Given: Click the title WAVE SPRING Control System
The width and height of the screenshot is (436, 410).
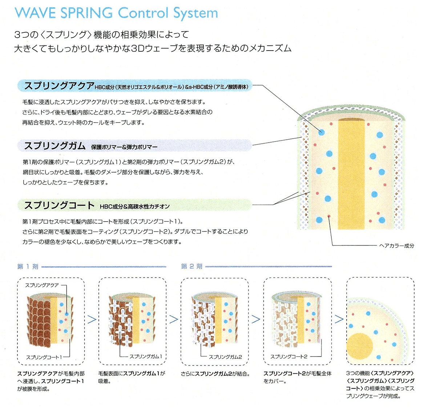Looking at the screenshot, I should pos(116,13).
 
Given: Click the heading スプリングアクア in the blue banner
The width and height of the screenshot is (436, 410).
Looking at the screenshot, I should pos(59,86).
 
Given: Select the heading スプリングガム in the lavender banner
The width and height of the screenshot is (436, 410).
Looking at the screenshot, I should pos(55,146).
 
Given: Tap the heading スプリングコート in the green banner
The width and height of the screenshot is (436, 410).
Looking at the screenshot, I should pos(59,206).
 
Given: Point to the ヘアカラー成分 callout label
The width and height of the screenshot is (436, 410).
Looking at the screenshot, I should pos(396,246).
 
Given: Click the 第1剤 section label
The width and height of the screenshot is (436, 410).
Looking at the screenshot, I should pos(28,267).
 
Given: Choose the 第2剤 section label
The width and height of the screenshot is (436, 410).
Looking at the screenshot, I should pos(191,267).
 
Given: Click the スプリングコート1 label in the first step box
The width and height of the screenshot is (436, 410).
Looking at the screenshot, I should pos(44,357).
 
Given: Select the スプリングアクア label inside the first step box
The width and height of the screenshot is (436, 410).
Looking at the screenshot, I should pos(42,285).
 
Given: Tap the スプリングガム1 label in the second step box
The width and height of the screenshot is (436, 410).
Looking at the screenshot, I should pos(146,357).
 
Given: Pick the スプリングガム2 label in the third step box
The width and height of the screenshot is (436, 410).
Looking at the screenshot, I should pos(225,357).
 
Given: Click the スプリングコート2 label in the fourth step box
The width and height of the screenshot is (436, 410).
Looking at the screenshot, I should pos(289,357).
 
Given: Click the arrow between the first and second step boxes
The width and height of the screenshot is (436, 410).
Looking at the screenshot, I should pos(92,319).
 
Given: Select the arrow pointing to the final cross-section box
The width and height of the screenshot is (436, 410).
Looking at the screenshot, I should pos(339,319).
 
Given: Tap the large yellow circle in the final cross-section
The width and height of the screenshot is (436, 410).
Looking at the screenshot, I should pos(360,346).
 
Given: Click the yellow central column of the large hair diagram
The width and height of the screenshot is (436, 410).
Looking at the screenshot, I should pos(351,175).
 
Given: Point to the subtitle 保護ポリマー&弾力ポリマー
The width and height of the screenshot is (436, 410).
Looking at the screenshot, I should pos(124,147).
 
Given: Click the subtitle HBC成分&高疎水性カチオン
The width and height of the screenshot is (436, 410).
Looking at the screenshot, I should pos(135,207).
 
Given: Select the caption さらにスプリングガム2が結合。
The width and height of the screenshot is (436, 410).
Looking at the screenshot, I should pos(215,374).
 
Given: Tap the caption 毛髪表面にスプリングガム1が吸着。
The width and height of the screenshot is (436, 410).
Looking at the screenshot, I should pos(132,377).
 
